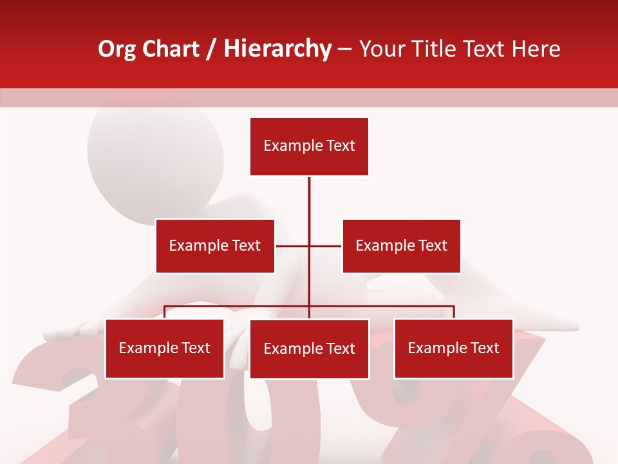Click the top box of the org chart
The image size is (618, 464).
pos(309,146)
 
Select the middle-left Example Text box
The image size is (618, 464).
pos(215,246)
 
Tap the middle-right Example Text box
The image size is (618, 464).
pos(401,246)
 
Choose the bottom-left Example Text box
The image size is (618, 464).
pos(165,348)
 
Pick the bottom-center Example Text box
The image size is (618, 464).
pos(309,349)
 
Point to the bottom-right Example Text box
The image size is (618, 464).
pos(453,348)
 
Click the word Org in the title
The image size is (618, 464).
pos(116,49)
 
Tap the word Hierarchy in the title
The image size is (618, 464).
pos(277,49)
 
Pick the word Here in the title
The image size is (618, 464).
pos(532,49)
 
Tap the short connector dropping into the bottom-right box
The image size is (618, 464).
pos(454,312)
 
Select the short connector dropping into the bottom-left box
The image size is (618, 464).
pos(165,312)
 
